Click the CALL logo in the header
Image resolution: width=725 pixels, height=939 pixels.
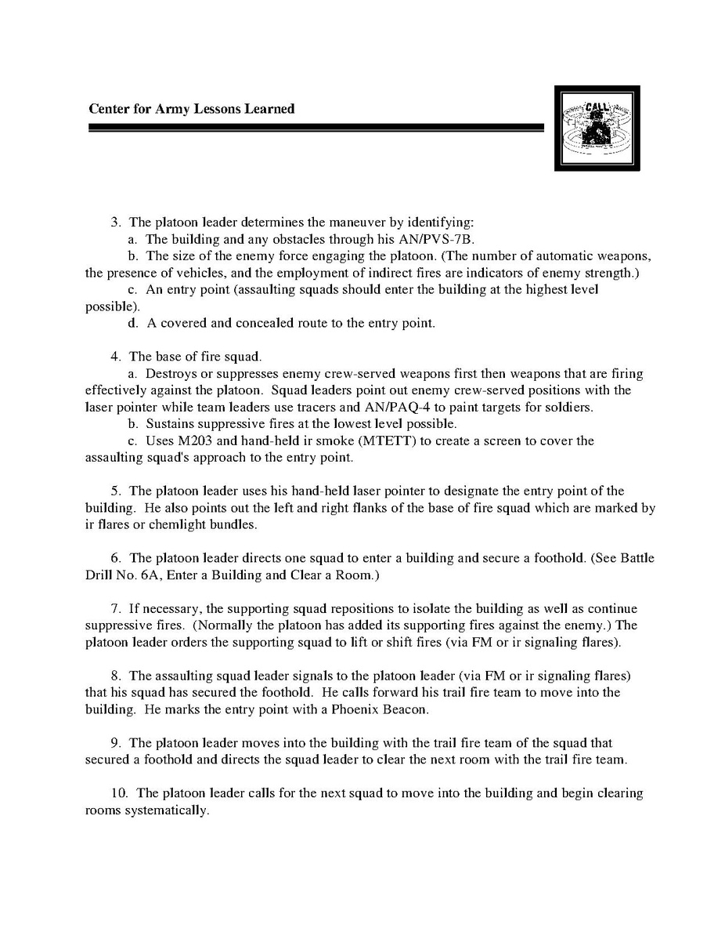coord(597,128)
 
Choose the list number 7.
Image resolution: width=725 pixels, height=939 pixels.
coord(115,608)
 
